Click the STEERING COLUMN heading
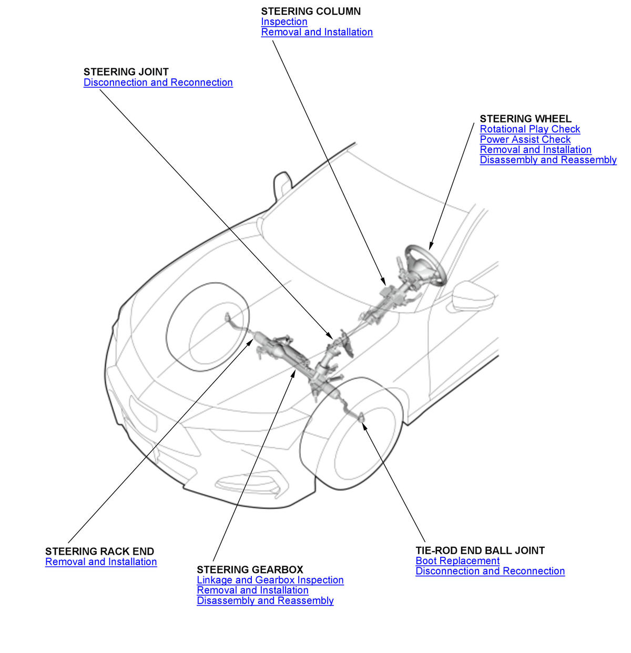[x=310, y=12]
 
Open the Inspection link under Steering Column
[x=284, y=22]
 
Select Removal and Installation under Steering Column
[x=317, y=32]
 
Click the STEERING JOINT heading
[x=126, y=72]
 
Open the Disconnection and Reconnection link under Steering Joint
[x=158, y=83]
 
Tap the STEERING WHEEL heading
[x=525, y=119]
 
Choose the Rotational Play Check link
[x=530, y=129]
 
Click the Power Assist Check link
[x=525, y=140]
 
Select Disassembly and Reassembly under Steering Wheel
[x=548, y=160]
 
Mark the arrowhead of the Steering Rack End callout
[x=250, y=342]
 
